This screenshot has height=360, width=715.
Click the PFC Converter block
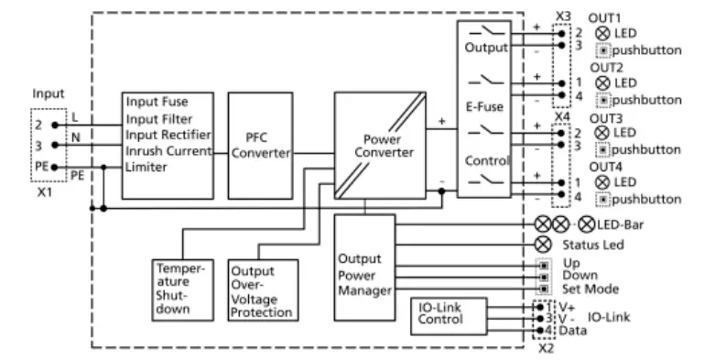tap(260, 145)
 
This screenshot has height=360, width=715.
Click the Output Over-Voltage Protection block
tap(263, 291)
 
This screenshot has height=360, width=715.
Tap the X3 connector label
tap(562, 16)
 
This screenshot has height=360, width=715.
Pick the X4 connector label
tap(562, 116)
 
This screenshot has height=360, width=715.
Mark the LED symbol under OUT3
tap(601, 133)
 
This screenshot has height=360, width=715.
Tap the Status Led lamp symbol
tap(543, 245)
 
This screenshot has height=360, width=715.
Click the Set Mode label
tap(591, 289)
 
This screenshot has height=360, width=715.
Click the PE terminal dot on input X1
tap(55, 167)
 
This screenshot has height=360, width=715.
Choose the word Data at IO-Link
tap(575, 329)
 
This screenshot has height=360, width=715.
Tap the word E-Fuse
tap(482, 105)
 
